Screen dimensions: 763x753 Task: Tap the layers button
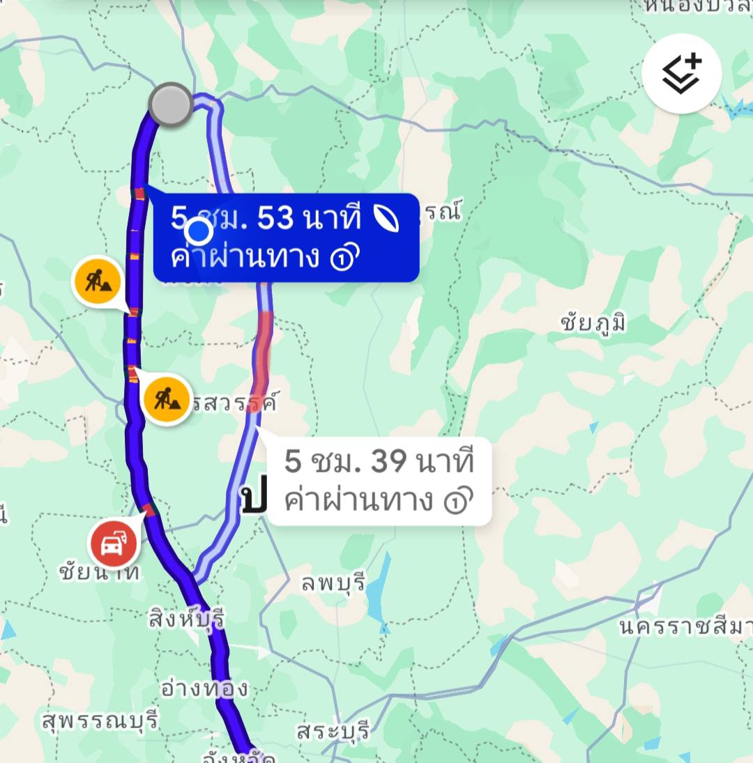[681, 73]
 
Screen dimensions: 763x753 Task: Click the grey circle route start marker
[171, 105]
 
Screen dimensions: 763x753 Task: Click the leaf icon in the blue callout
[386, 219]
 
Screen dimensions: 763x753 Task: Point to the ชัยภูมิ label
[593, 322]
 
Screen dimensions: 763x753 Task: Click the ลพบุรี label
[333, 583]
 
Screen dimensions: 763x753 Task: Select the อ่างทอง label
[204, 688]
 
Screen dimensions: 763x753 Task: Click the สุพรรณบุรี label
[101, 719]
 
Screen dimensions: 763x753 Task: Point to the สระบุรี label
[332, 732]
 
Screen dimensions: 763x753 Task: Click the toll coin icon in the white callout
[457, 500]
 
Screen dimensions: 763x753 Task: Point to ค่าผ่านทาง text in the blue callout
[245, 257]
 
